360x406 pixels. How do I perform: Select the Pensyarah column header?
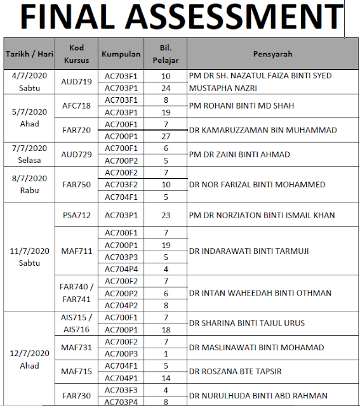(273, 54)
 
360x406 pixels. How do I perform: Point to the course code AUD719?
(76, 82)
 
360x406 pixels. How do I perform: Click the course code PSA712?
(76, 215)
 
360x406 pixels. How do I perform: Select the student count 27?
(166, 136)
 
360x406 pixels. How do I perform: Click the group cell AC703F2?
(121, 185)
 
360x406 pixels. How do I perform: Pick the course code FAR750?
(76, 185)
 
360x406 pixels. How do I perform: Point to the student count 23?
(166, 215)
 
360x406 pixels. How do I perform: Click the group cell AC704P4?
(121, 268)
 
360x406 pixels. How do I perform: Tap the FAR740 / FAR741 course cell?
(76, 292)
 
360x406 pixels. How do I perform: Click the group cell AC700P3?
(121, 353)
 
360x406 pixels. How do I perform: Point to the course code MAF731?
(76, 348)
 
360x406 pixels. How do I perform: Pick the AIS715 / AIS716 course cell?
(76, 323)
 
